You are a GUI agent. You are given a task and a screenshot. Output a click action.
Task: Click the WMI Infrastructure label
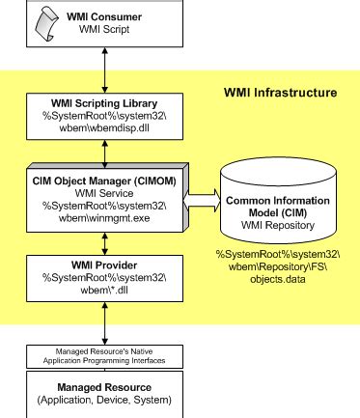[x=278, y=93]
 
